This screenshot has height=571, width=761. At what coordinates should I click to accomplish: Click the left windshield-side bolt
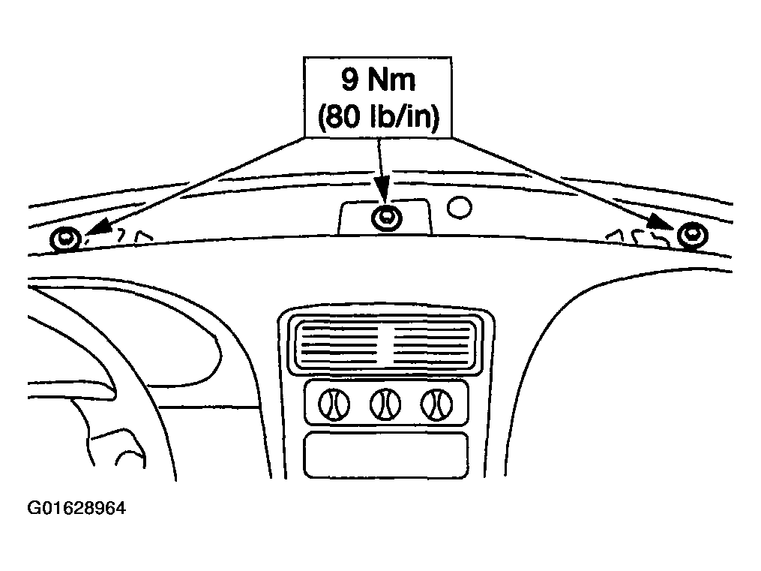point(64,239)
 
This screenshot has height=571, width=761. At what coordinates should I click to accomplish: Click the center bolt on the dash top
point(386,218)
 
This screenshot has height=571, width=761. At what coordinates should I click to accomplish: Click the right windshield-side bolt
point(693,236)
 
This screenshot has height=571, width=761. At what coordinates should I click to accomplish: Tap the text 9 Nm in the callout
point(378,80)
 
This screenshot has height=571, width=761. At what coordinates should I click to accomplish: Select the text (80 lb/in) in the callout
point(379,116)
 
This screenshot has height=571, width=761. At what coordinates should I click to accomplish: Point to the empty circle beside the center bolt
point(459,207)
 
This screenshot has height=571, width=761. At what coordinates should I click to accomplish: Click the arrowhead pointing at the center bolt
point(382,189)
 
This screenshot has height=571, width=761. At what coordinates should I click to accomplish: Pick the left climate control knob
point(334,404)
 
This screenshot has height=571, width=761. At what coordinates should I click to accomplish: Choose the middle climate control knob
point(385,404)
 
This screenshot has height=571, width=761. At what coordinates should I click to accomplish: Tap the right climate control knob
point(437,404)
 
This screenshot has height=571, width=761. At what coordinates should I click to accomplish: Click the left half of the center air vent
point(339,344)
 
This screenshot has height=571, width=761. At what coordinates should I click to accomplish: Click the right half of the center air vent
point(431,344)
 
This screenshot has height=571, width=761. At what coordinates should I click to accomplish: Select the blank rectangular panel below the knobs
point(386,455)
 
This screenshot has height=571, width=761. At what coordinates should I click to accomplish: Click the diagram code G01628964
point(76,508)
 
